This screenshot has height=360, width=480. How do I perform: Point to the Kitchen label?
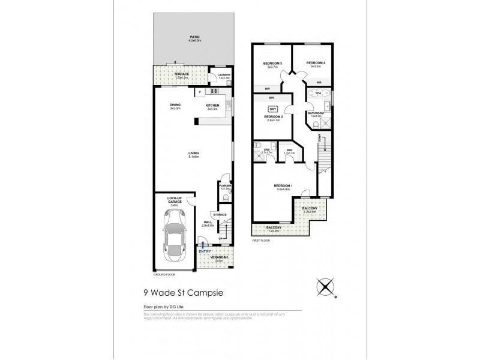pyautogui.click(x=212, y=106)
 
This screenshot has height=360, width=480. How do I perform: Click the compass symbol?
pyautogui.click(x=328, y=286)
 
